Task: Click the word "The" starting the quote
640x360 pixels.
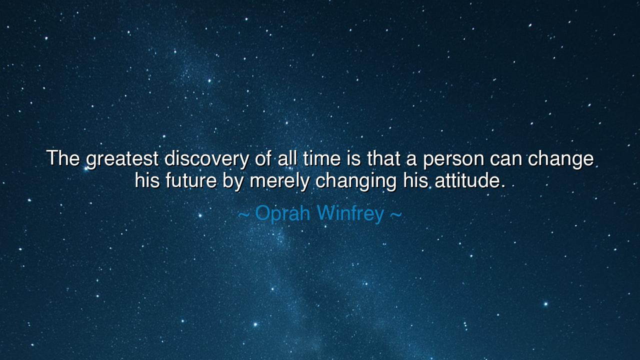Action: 63,159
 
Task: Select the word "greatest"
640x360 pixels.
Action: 122,160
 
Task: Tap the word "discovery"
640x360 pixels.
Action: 206,160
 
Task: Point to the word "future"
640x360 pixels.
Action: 191,180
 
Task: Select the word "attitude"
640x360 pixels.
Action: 469,180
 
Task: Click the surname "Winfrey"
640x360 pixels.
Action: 350,214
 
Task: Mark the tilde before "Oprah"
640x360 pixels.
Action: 243,214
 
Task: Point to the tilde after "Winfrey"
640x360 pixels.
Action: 395,214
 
